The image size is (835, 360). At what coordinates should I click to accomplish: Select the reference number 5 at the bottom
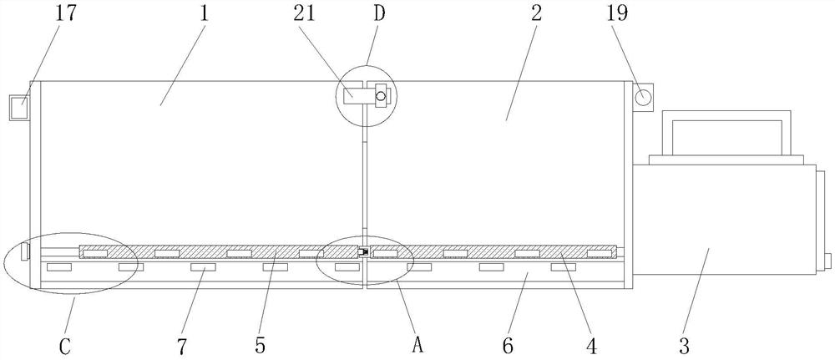pyautogui.click(x=261, y=343)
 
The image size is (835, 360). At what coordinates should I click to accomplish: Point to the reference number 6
pyautogui.click(x=506, y=343)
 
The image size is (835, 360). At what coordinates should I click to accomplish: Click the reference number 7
pyautogui.click(x=182, y=343)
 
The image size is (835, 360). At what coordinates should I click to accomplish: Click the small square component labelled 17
pyautogui.click(x=19, y=108)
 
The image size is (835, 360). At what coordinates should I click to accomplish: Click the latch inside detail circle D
pyautogui.click(x=380, y=96)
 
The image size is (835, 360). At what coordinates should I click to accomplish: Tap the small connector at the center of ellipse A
pyautogui.click(x=364, y=251)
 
